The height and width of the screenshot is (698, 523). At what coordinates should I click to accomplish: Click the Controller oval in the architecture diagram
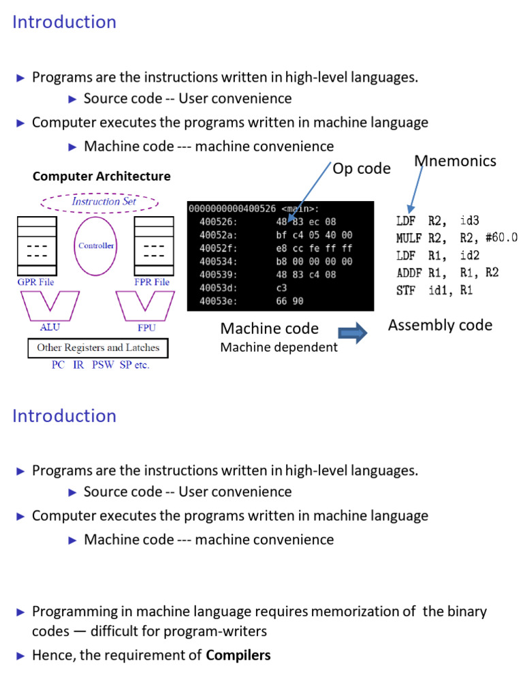[95, 246]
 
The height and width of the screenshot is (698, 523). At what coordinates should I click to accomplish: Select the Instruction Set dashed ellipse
[100, 202]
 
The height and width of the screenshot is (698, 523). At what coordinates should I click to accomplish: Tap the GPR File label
[36, 282]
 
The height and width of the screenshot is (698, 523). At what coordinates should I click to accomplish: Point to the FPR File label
[152, 282]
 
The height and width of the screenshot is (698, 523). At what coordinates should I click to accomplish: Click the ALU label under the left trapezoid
[49, 328]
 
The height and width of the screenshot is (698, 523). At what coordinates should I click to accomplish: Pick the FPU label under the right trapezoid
[146, 328]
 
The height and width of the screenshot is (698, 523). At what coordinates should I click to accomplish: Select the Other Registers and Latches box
[98, 348]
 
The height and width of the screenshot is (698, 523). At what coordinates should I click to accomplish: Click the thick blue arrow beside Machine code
[353, 333]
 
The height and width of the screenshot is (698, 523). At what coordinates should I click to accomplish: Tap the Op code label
[362, 168]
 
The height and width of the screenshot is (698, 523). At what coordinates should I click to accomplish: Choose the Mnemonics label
[455, 161]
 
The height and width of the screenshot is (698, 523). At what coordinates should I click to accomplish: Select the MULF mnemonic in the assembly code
[409, 238]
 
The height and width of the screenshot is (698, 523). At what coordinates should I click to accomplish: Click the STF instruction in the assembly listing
[406, 290]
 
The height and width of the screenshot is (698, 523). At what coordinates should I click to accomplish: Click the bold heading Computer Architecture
[101, 177]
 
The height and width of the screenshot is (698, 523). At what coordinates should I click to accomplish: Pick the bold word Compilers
[238, 655]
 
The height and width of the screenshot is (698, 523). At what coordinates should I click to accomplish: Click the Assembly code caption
[440, 325]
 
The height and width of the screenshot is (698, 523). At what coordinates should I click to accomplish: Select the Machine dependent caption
[279, 348]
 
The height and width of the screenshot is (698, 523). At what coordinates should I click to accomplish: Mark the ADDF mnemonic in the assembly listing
[409, 272]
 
